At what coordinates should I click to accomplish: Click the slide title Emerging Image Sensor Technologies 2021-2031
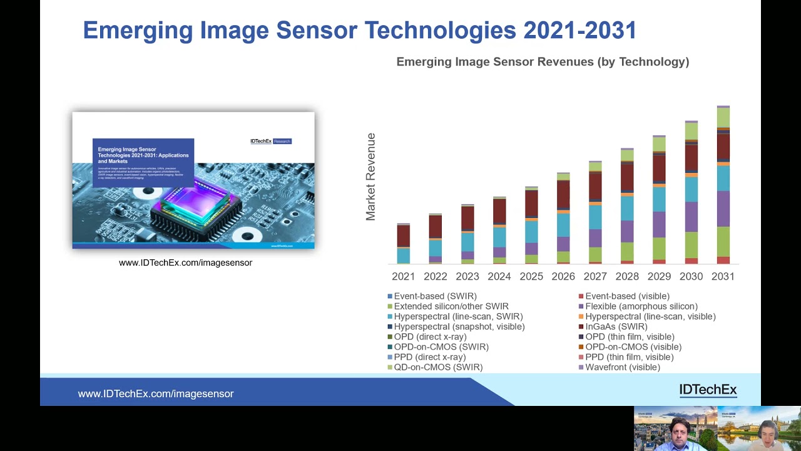point(359,30)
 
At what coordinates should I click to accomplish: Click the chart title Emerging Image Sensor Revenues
point(543,61)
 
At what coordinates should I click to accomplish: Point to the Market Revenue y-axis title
point(370,177)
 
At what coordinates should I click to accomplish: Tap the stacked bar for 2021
point(404,244)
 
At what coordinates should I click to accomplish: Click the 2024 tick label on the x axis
point(499,276)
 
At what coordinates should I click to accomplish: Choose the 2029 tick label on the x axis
point(659,276)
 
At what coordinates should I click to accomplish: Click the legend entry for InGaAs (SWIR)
point(616,326)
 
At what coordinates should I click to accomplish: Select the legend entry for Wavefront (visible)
point(622,367)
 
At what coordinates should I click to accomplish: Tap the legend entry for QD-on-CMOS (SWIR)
point(438,367)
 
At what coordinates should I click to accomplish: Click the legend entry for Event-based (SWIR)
point(435,296)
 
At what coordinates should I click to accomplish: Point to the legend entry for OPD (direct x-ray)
point(430,336)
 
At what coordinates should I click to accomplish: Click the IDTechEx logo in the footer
point(708,390)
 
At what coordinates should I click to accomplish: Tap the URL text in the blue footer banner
point(156,393)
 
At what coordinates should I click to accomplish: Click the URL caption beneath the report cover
point(185,262)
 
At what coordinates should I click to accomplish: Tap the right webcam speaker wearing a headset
point(768,433)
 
